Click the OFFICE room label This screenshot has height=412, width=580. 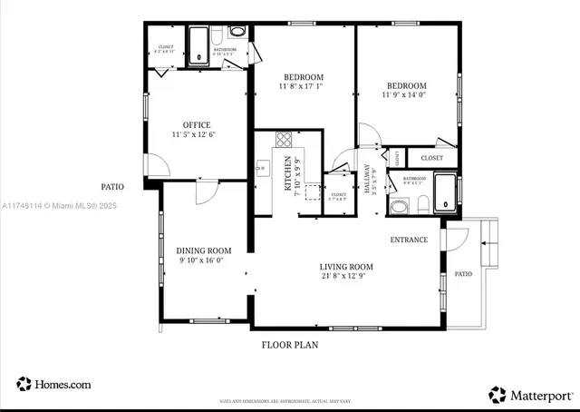(x=197, y=125)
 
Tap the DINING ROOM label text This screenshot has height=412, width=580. (x=203, y=250)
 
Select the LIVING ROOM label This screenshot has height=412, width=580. (x=346, y=267)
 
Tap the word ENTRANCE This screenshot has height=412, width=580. (x=410, y=240)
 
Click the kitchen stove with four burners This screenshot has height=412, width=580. (x=283, y=140)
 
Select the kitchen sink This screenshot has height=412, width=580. (x=263, y=167)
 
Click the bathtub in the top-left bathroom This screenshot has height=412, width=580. (x=198, y=45)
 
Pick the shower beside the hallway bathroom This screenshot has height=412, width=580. (x=446, y=191)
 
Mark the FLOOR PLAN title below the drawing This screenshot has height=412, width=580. (x=289, y=345)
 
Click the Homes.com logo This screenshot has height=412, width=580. (x=53, y=385)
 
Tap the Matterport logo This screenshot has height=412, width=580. (x=531, y=395)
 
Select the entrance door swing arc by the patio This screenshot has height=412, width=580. (x=456, y=238)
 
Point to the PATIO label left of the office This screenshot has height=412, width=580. (x=112, y=187)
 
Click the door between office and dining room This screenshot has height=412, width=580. (x=208, y=191)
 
